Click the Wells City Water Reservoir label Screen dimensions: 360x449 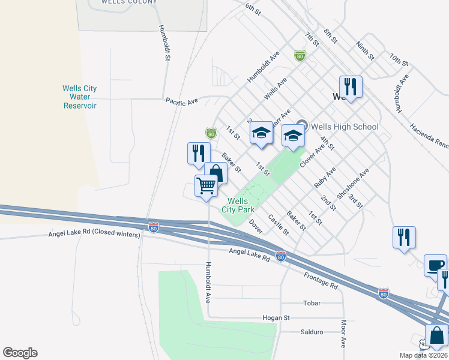[x=79, y=97]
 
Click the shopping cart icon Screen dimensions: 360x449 [x=206, y=186]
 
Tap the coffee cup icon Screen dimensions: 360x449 [x=435, y=265]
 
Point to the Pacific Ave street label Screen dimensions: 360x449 [x=182, y=101]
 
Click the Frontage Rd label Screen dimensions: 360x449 [x=321, y=280]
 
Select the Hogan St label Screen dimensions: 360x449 [x=276, y=317]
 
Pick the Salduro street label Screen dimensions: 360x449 [x=311, y=332]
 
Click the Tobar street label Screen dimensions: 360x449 [x=312, y=303]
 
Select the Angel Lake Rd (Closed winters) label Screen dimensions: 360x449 [x=94, y=234]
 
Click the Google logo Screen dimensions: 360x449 [x=20, y=353]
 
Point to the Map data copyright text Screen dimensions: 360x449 [x=423, y=355]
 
